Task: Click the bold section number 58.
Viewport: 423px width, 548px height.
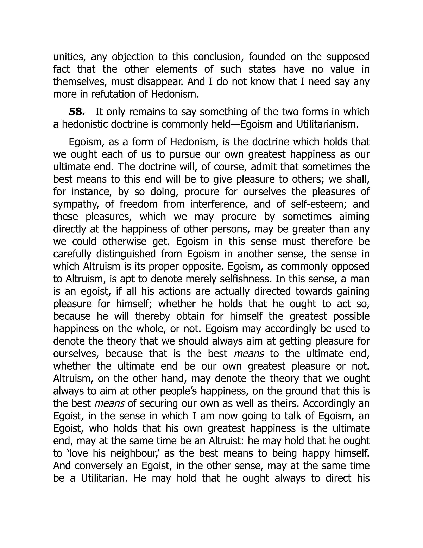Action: [x=76, y=112]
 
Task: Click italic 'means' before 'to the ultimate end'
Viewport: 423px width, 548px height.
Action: [x=249, y=354]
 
